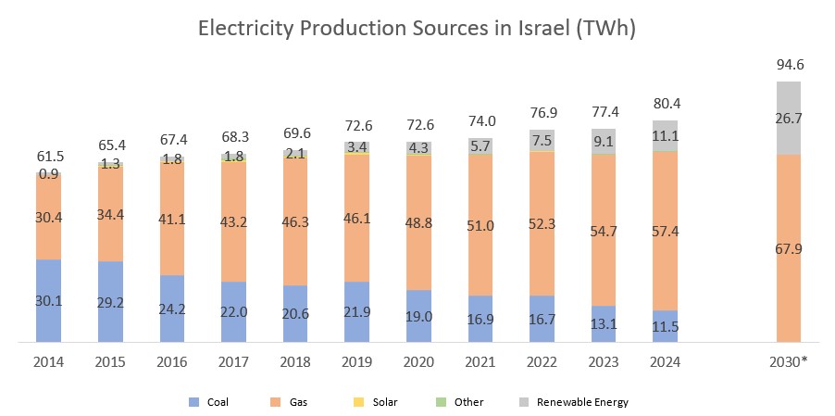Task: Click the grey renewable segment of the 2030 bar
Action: pyautogui.click(x=788, y=118)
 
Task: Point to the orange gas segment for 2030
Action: pyautogui.click(x=788, y=248)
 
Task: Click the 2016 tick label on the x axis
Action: pyautogui.click(x=171, y=362)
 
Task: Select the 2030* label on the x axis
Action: pyautogui.click(x=790, y=362)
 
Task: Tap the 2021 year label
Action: pyautogui.click(x=480, y=362)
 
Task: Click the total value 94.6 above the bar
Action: pyautogui.click(x=788, y=64)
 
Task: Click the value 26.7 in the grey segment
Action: pyautogui.click(x=788, y=118)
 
